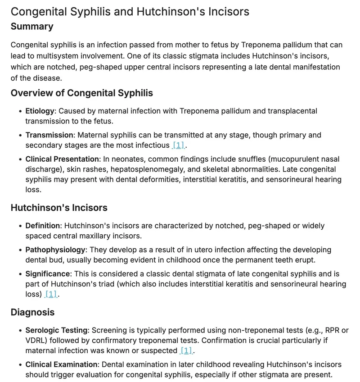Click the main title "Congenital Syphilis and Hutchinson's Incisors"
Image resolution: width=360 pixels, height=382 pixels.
(x=130, y=11)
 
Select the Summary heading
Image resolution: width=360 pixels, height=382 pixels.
(x=32, y=26)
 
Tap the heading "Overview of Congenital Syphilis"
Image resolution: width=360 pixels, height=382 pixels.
(x=81, y=93)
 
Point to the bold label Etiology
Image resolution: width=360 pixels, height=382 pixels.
(x=40, y=111)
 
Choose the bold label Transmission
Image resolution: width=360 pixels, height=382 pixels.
(x=49, y=135)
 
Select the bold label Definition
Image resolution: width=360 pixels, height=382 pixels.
(x=43, y=225)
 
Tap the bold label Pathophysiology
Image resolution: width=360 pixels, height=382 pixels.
(x=55, y=250)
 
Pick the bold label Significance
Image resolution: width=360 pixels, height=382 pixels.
(x=48, y=274)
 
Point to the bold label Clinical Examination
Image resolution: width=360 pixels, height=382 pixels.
(x=61, y=364)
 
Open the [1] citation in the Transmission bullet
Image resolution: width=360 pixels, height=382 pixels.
(x=179, y=146)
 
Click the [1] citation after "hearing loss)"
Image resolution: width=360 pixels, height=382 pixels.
(x=51, y=294)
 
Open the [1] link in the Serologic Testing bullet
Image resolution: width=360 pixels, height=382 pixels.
(x=185, y=350)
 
